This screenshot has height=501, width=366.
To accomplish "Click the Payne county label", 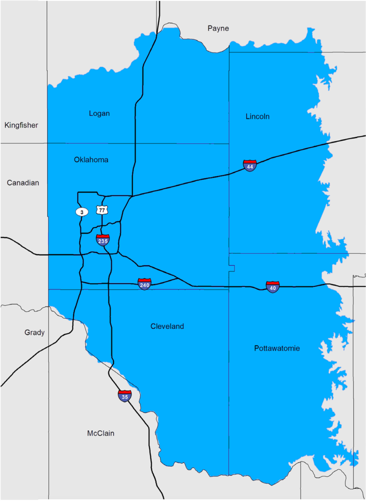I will coord(218,28).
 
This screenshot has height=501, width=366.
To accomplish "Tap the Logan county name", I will coord(99,113).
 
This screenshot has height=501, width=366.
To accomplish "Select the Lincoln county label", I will coord(257,116).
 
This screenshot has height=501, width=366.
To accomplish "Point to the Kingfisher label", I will coord(21,125).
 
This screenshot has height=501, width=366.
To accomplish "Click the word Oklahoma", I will coord(91,160).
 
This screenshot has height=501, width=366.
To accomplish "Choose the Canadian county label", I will coord(23,183).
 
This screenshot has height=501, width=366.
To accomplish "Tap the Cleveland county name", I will coord(167,326).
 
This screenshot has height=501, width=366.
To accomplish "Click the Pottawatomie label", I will coord(277,348).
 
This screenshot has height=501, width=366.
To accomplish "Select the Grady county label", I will coord(35,333).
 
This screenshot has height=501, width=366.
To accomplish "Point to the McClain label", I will coord(101,433).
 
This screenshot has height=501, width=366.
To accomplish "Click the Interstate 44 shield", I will coord(250,165).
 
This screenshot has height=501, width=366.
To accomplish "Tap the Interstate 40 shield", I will coord(273,287).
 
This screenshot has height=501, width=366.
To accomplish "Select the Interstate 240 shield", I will coord(144,284).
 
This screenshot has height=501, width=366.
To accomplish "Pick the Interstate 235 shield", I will coord(103,240).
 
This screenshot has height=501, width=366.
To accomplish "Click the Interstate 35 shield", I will coord(124,396).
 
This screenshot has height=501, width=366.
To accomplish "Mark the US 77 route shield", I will coord(102,210).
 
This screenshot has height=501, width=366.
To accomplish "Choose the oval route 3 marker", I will coord(82,212).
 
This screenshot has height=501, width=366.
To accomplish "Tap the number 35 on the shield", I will coord(124,398).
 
